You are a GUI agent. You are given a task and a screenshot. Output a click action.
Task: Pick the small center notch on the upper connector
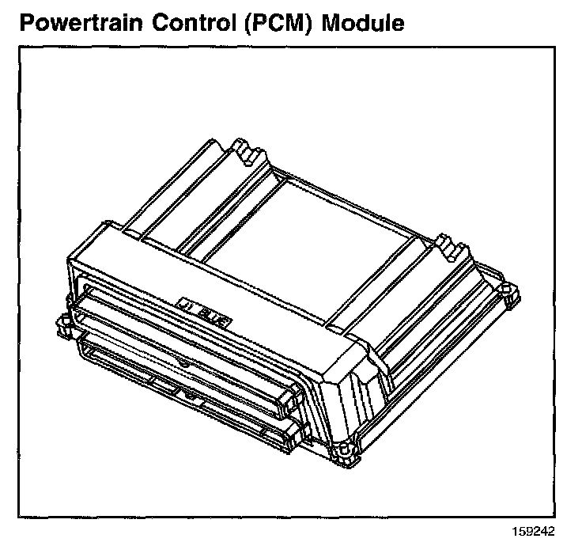[x=183, y=362]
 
